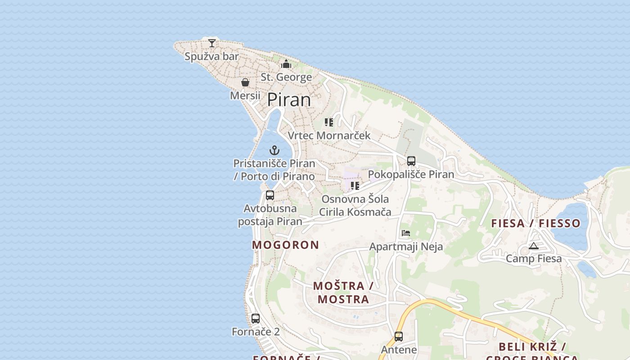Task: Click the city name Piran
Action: pos(289,99)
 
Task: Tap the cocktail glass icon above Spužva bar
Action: pos(212,43)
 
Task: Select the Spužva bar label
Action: pos(211,57)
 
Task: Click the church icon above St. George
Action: pos(286,64)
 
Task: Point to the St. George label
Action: pos(286,77)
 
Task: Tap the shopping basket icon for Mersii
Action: pos(245,82)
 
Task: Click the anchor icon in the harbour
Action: pos(274,150)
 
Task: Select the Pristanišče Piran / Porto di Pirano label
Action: pos(274,170)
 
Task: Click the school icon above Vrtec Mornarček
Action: pos(329,122)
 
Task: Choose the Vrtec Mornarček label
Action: pos(329,135)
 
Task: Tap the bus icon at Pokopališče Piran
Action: pos(411,161)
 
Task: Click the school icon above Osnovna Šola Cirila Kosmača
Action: pos(355,185)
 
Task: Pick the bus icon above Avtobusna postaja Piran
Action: pos(270,195)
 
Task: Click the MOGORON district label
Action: pos(285,245)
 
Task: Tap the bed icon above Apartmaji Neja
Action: pos(406,233)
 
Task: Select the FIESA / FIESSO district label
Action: pos(535,223)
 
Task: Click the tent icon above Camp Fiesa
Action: pos(534,246)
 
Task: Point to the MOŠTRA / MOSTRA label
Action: pos(343,292)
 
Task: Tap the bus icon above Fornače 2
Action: pos(256,319)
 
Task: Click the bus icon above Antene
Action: pos(399,336)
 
